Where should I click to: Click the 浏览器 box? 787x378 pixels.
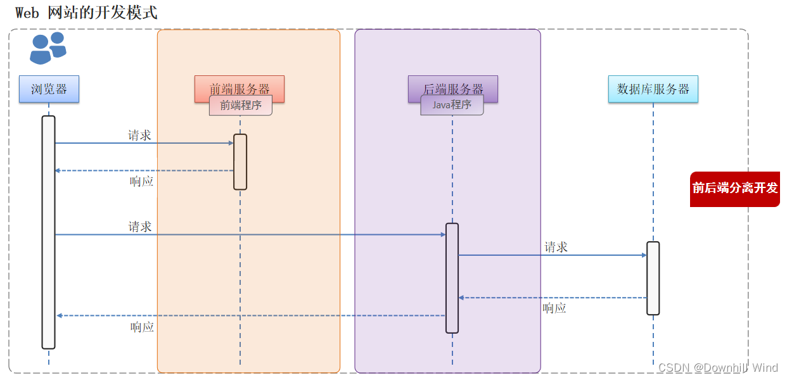pyautogui.click(x=49, y=89)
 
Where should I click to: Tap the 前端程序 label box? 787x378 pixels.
pyautogui.click(x=241, y=106)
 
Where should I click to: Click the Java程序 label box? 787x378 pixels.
pyautogui.click(x=452, y=105)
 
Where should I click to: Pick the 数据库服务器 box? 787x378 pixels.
pyautogui.click(x=653, y=89)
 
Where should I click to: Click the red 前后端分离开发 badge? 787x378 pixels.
pyautogui.click(x=734, y=189)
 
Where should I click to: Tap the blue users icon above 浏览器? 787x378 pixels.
pyautogui.click(x=48, y=48)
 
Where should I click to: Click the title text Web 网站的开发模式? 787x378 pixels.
pyautogui.click(x=86, y=13)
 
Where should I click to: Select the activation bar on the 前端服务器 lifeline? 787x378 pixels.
pyautogui.click(x=240, y=161)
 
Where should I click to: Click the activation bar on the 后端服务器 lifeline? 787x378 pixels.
pyautogui.click(x=452, y=278)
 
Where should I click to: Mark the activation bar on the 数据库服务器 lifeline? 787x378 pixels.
pyautogui.click(x=653, y=278)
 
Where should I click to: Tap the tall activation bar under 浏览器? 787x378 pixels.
pyautogui.click(x=49, y=232)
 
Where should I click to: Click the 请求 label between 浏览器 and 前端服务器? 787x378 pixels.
pyautogui.click(x=139, y=135)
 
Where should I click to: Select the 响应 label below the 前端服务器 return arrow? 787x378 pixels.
pyautogui.click(x=142, y=182)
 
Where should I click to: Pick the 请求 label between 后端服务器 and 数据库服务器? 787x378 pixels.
pyautogui.click(x=556, y=248)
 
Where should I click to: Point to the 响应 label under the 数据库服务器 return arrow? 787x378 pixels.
pyautogui.click(x=554, y=308)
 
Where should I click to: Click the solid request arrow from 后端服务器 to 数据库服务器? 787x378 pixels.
pyautogui.click(x=551, y=255)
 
